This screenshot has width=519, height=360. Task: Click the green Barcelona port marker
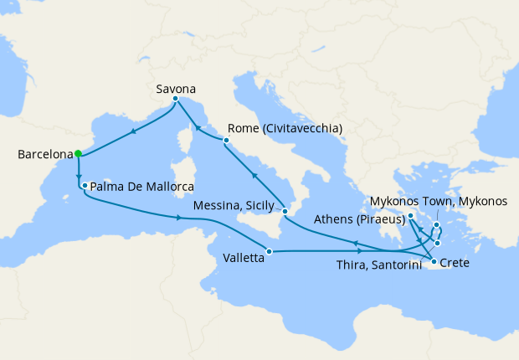tap(78, 153)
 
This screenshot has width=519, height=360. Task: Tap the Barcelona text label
tap(44, 154)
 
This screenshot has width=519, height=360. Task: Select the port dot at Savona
tap(175, 99)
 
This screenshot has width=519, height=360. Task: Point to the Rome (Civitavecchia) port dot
tap(226, 140)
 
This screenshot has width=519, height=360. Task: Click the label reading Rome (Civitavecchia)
tap(285, 128)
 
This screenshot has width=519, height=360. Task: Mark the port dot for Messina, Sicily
tap(285, 211)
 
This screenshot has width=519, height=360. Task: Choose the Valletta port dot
tap(269, 251)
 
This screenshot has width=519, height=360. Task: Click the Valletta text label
tap(244, 259)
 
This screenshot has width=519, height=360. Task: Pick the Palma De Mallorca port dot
tap(85, 185)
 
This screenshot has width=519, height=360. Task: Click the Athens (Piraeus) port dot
tap(411, 217)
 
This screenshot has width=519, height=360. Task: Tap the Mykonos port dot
tap(437, 225)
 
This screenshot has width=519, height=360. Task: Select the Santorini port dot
tap(437, 243)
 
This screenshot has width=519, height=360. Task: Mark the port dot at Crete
tap(434, 263)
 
